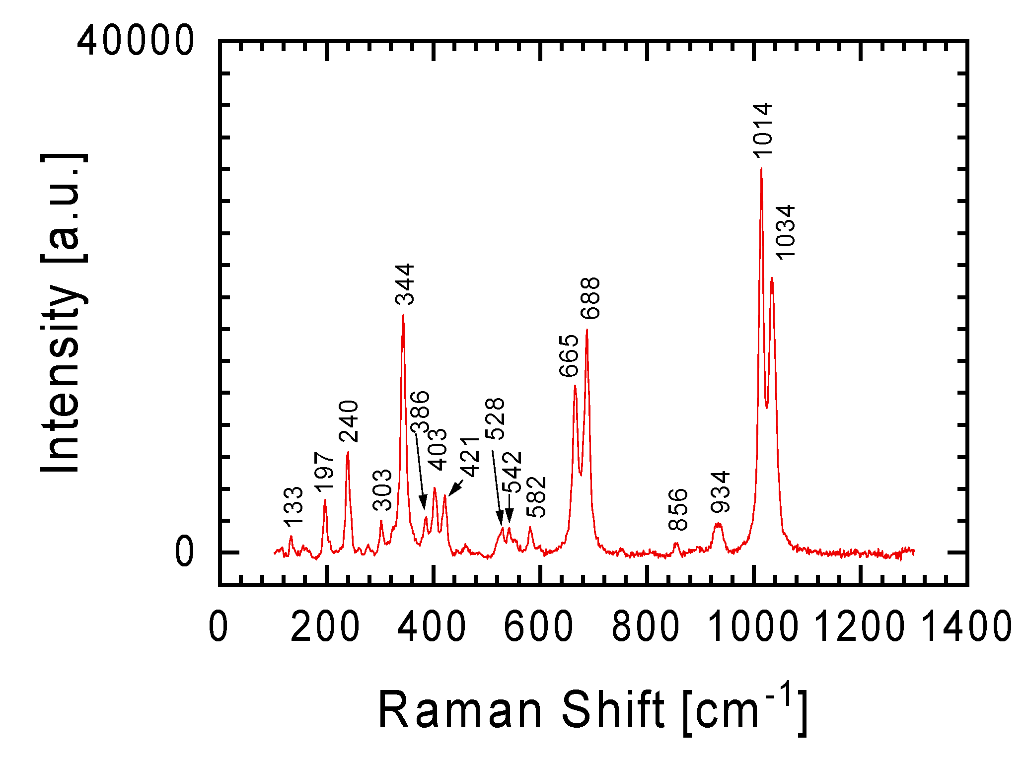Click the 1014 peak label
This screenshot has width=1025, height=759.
pos(762,130)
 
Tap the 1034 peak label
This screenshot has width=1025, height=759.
pos(786,232)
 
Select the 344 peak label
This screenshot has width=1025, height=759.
pos(404,284)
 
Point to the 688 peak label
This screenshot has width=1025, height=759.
pos(590,298)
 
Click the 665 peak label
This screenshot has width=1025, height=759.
pos(569,355)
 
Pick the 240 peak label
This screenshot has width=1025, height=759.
pos(349,421)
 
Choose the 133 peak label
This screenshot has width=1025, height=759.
pos(293,506)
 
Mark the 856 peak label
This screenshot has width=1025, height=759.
pos(678,509)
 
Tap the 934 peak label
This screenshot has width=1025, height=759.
pos(720,491)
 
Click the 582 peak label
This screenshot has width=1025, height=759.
pos(537,496)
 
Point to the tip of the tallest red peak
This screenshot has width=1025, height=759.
pos(761,169)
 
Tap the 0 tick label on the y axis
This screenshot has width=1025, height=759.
pos(184,552)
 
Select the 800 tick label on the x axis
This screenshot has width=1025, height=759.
pos(646,626)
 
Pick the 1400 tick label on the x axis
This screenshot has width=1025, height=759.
pos(966,626)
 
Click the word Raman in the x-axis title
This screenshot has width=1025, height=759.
pos(460,710)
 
